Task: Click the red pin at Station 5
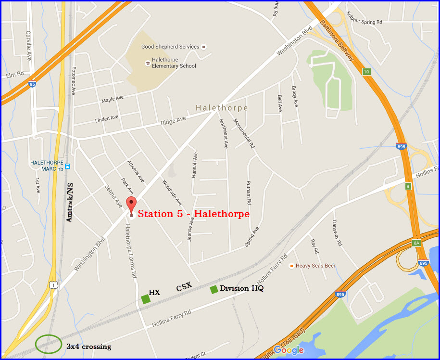[x=131, y=205]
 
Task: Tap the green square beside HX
[x=146, y=299]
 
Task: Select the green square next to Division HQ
[x=214, y=289]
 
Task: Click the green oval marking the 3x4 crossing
[x=49, y=344]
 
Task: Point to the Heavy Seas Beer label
[x=315, y=266]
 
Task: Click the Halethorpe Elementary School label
[x=174, y=63]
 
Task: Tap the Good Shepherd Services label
[x=170, y=47]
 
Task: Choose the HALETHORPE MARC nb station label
[x=47, y=166]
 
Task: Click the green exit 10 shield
[x=366, y=72]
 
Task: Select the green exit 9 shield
[x=408, y=186]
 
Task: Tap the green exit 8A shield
[x=416, y=244]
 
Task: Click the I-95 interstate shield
[x=32, y=84]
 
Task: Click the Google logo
[x=289, y=350]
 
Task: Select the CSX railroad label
[x=184, y=287]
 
